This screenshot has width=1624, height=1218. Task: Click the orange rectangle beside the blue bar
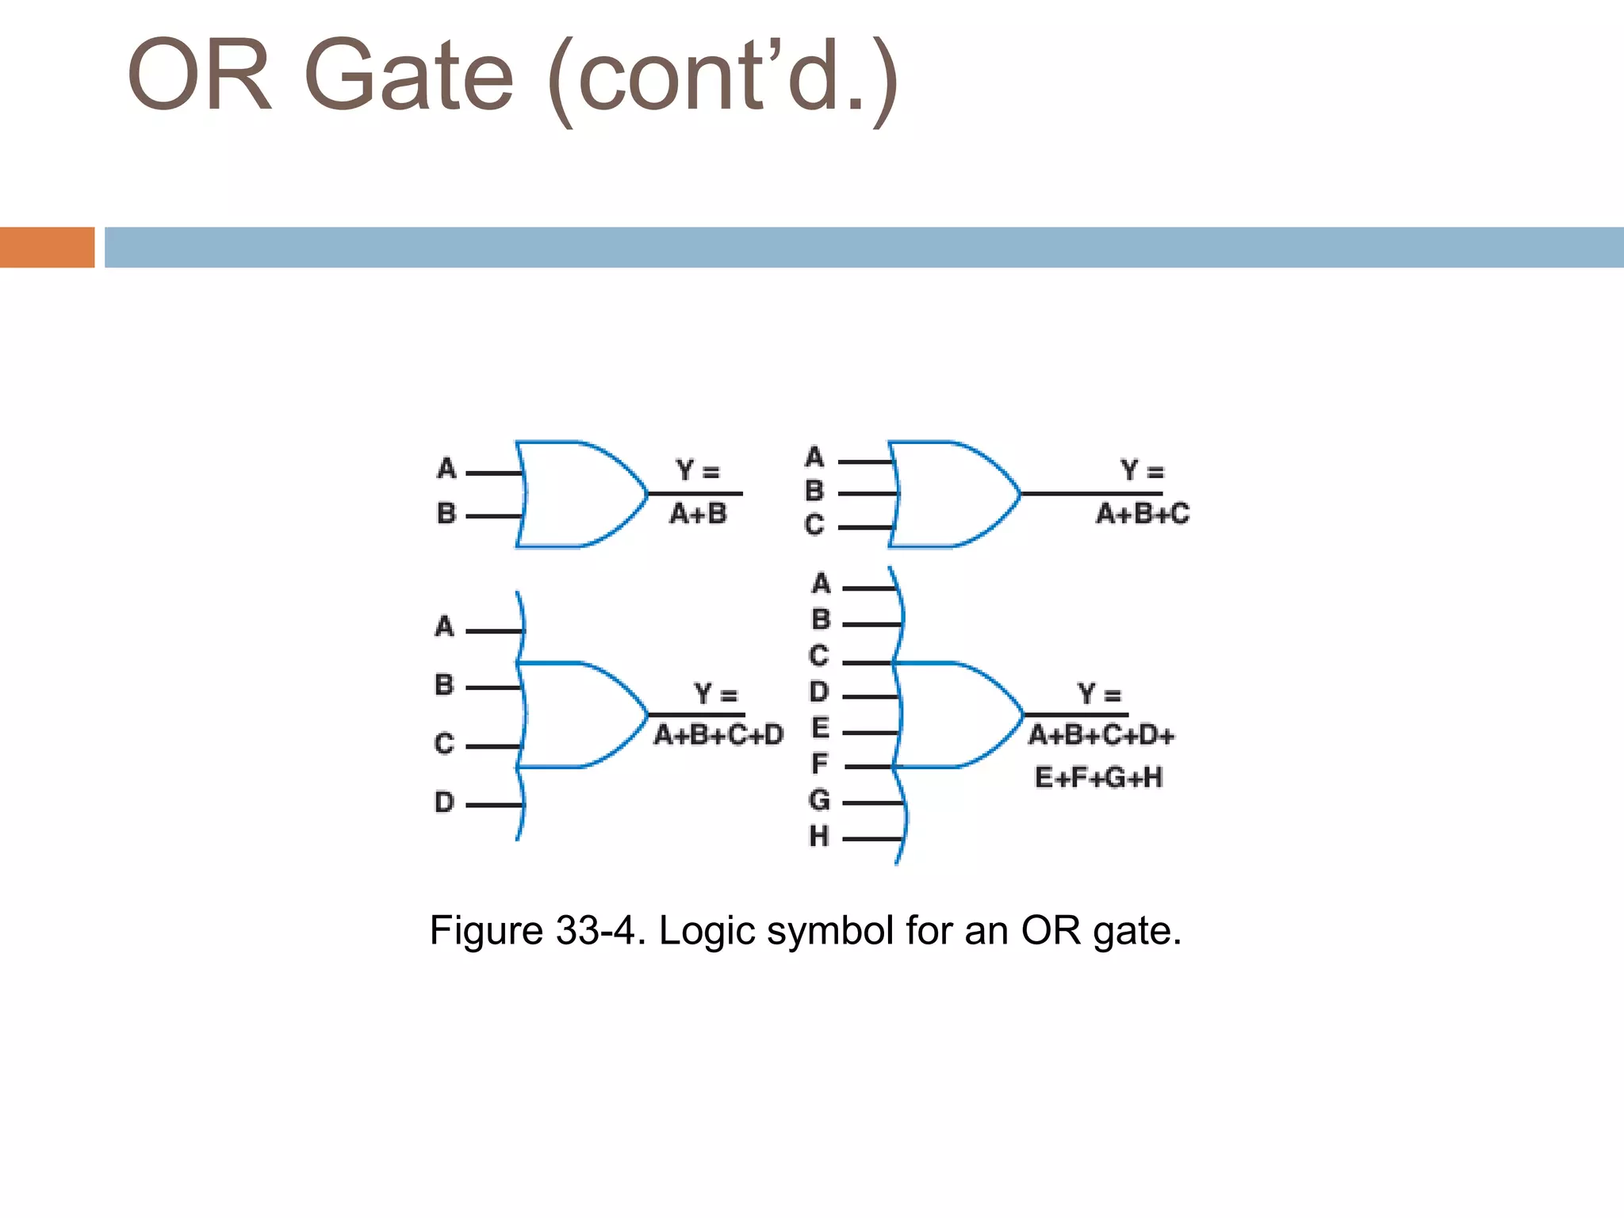[x=47, y=247]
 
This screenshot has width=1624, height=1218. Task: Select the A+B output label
[x=698, y=514]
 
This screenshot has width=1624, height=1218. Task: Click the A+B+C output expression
[x=1143, y=514]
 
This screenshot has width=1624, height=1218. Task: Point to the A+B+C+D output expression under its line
[x=718, y=735]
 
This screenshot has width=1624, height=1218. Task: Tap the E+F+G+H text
[x=1098, y=777]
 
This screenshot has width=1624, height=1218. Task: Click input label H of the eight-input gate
[x=819, y=836]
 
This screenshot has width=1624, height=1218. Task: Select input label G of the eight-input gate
[x=819, y=799]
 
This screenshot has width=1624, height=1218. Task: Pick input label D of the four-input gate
[x=445, y=802]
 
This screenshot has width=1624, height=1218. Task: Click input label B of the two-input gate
[x=446, y=514]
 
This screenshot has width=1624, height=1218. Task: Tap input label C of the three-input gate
[x=814, y=525]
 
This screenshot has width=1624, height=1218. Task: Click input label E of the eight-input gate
[x=820, y=727]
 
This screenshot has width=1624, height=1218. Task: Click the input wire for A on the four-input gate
[x=493, y=631]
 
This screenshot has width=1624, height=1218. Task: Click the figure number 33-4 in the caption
[x=595, y=930]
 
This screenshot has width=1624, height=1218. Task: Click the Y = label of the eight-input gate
[x=1099, y=695]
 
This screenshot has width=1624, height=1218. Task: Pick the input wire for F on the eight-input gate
[x=869, y=767]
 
